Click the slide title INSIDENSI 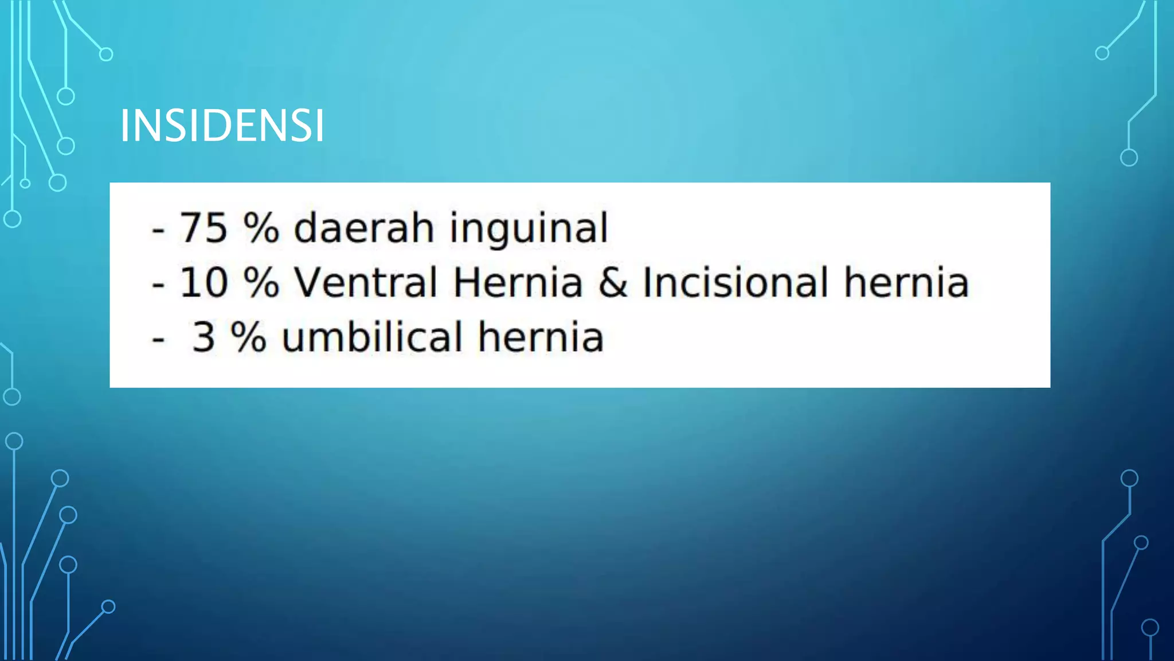[x=222, y=126]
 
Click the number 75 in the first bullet [x=204, y=228]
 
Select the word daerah [x=363, y=228]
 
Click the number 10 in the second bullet [x=204, y=282]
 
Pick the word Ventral [x=366, y=282]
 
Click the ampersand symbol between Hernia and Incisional [x=613, y=283]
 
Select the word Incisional [x=735, y=282]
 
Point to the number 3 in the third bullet [x=204, y=337]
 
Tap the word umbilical [x=372, y=337]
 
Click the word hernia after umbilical [x=541, y=337]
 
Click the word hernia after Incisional [x=906, y=282]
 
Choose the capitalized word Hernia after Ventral [x=518, y=282]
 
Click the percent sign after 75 [x=261, y=228]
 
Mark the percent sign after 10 [x=261, y=282]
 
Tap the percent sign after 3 [x=248, y=337]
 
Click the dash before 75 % [x=158, y=230]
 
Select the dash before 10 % [x=158, y=285]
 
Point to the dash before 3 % [x=158, y=339]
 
